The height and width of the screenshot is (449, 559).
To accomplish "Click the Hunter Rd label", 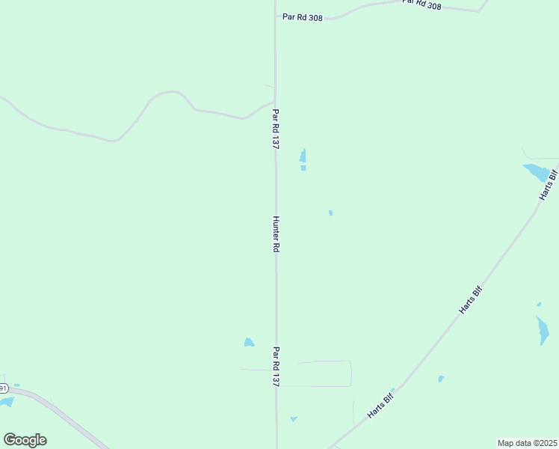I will click(276, 234).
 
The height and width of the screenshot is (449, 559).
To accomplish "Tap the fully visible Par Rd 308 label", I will click(302, 16).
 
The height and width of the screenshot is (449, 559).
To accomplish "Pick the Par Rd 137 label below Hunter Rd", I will click(276, 366).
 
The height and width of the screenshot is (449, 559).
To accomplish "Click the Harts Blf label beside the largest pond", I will click(549, 186).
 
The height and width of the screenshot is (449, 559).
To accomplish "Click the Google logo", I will click(25, 440).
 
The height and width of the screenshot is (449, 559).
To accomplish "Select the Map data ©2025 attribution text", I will click(527, 443).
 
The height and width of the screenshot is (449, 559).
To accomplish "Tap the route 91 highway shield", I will click(3, 388).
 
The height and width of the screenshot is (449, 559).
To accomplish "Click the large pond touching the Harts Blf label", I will click(537, 173).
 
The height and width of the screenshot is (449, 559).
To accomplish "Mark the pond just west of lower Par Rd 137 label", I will click(249, 343).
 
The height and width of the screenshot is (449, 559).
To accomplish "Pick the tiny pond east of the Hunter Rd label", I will click(330, 213).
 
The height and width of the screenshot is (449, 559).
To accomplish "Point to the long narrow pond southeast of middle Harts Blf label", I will click(543, 330).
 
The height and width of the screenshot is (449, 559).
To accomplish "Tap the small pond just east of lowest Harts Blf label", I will click(441, 379).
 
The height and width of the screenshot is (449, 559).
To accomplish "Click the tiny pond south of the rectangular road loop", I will click(294, 419).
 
